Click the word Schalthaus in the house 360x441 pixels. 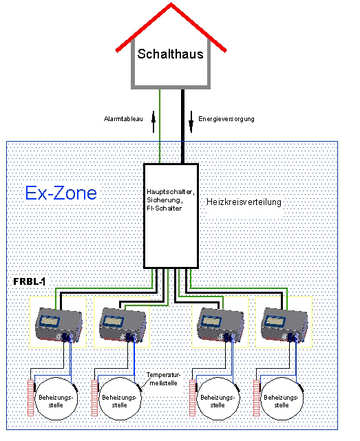pos(170,54)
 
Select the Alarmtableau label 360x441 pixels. pos(123,119)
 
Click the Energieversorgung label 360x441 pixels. pos(226,119)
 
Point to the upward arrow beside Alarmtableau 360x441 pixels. pos(153,122)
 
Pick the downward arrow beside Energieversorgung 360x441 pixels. pos(191,122)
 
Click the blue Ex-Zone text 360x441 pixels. pos(61,193)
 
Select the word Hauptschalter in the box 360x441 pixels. pos(170,192)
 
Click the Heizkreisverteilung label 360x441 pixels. pos(244,202)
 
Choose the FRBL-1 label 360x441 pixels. pos(30,281)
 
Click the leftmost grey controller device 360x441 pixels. pos(59,325)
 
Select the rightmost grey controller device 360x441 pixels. pos(284,325)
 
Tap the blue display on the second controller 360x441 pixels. pos(114,321)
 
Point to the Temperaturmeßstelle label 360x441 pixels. pos(163,379)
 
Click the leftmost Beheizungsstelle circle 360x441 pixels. pos(56,398)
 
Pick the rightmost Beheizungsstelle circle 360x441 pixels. pos(282,398)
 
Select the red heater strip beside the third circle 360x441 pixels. pos(192,398)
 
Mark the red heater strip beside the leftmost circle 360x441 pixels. pos(31,398)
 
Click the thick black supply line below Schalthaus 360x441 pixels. pos(182,127)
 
